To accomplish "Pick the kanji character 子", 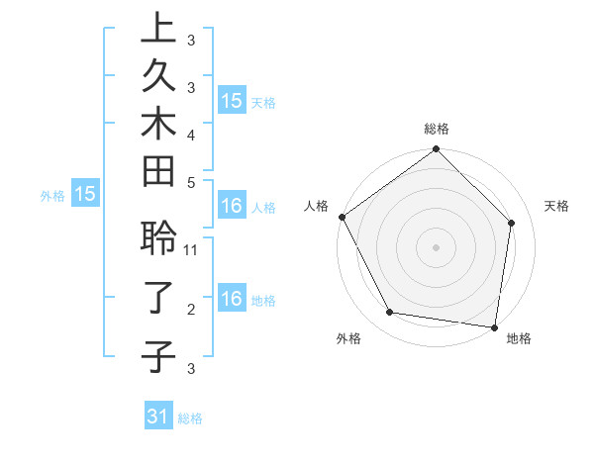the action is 158,355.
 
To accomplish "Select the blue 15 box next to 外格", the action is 85,195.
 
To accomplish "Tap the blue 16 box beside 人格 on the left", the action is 232,207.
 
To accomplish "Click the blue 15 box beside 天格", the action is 232,101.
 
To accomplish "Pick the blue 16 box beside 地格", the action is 232,300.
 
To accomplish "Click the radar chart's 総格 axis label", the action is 437,129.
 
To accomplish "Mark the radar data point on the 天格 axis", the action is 512,223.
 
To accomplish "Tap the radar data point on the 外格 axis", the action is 390,313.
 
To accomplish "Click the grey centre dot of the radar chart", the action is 437,246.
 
